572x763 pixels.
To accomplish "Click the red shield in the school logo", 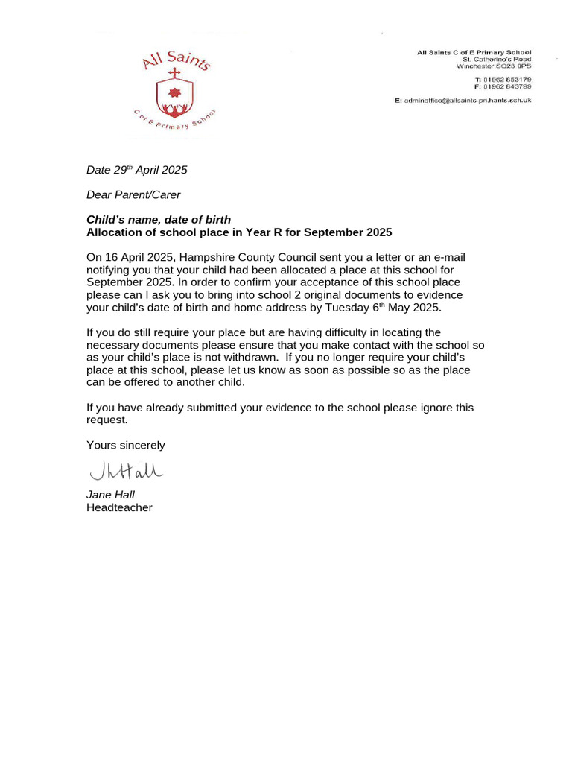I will click(x=175, y=98).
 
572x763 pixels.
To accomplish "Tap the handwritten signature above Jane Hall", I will click(x=126, y=471).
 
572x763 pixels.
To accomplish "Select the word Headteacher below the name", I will click(x=119, y=507).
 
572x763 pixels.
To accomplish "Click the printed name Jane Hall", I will click(x=110, y=495).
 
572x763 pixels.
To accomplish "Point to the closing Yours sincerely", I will click(x=125, y=446).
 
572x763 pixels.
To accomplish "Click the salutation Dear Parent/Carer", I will click(x=133, y=195).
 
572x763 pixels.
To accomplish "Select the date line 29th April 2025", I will click(x=137, y=170).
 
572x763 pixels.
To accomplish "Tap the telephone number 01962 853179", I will click(x=508, y=79).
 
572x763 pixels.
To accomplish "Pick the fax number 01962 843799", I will click(x=508, y=86).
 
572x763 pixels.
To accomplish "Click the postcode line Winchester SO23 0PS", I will click(x=497, y=66).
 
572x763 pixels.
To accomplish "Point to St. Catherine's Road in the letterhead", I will click(x=497, y=59).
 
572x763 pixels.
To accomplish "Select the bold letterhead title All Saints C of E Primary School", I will click(x=474, y=52).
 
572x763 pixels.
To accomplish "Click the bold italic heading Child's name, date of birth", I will click(x=159, y=220).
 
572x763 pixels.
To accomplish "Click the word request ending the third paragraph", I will click(x=107, y=420).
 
